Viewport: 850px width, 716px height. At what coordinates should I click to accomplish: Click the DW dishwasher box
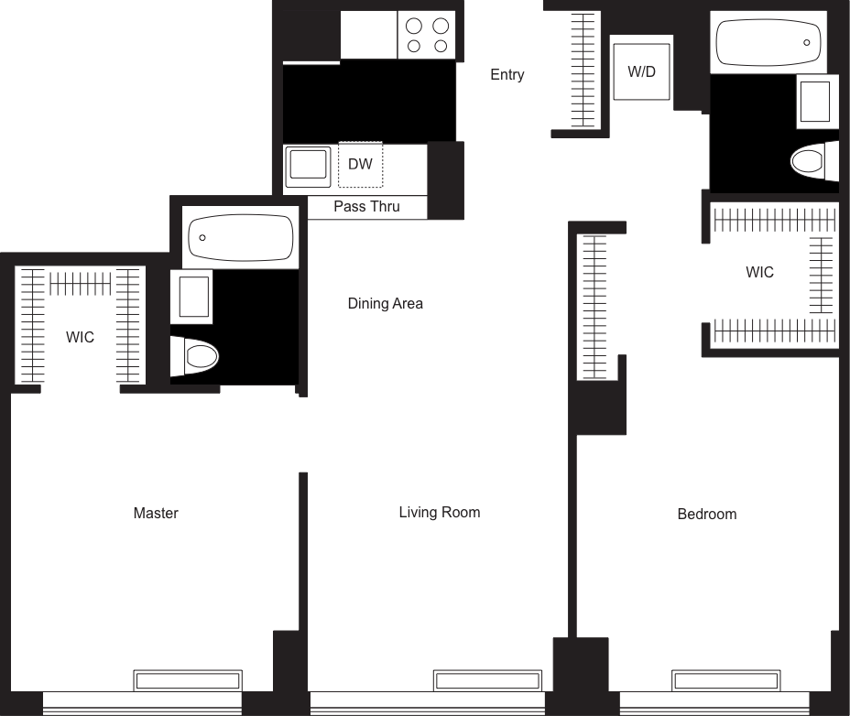point(361,165)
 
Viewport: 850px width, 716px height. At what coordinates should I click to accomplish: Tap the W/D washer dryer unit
point(641,71)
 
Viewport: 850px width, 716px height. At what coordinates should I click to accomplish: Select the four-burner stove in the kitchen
point(428,37)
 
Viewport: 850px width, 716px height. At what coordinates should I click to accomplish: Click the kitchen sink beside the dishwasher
point(307,167)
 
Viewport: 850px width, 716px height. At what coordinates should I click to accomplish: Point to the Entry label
point(507,75)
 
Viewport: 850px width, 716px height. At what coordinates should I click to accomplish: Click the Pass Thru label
point(366,207)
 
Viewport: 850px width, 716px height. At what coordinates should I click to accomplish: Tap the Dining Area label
point(385,303)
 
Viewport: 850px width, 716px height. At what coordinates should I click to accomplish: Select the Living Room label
point(440,512)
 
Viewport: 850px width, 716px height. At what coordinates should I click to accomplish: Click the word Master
point(156,513)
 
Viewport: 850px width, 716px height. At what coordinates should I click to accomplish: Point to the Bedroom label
point(707,514)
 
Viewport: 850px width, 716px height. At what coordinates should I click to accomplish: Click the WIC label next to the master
point(80,338)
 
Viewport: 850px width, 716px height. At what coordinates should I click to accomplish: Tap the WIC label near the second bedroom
point(759,272)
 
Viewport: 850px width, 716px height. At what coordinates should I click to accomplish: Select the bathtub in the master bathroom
point(240,237)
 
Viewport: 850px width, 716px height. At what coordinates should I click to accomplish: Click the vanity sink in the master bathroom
point(195,297)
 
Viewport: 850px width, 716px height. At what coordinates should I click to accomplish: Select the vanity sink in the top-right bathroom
point(817,100)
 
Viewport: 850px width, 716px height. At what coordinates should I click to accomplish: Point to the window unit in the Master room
point(188,680)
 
